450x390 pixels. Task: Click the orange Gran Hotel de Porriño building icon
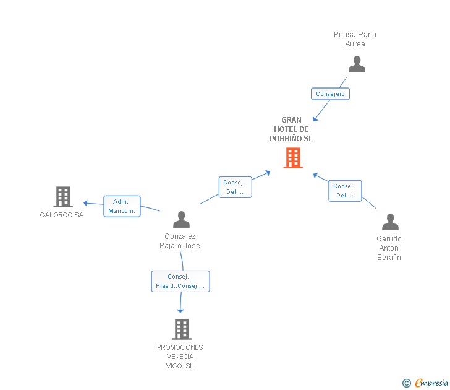coord(293,158)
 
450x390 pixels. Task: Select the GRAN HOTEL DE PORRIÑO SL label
coord(291,129)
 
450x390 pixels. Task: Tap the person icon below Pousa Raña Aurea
coord(357,64)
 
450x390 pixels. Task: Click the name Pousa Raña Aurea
coord(355,39)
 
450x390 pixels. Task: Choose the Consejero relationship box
coord(330,93)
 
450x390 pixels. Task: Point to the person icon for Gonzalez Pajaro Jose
coord(181,219)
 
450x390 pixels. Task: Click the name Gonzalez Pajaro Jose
coord(180,241)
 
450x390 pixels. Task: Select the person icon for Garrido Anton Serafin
coord(390,222)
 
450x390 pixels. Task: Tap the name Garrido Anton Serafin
coord(389,248)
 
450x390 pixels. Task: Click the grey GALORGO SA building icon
coord(63,197)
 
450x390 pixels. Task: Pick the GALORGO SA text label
coord(62,215)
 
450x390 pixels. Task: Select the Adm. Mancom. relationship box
coord(122,206)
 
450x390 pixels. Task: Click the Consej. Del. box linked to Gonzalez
coord(236,187)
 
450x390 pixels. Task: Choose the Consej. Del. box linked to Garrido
coord(345,191)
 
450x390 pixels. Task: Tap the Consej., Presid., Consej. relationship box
coord(180,282)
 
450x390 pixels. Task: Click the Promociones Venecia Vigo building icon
coord(182,329)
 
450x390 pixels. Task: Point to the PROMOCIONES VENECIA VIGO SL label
coord(180,357)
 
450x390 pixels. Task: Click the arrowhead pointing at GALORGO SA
coord(85,203)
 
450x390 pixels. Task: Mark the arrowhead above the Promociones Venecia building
coord(180,311)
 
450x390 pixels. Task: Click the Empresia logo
coord(425,383)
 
